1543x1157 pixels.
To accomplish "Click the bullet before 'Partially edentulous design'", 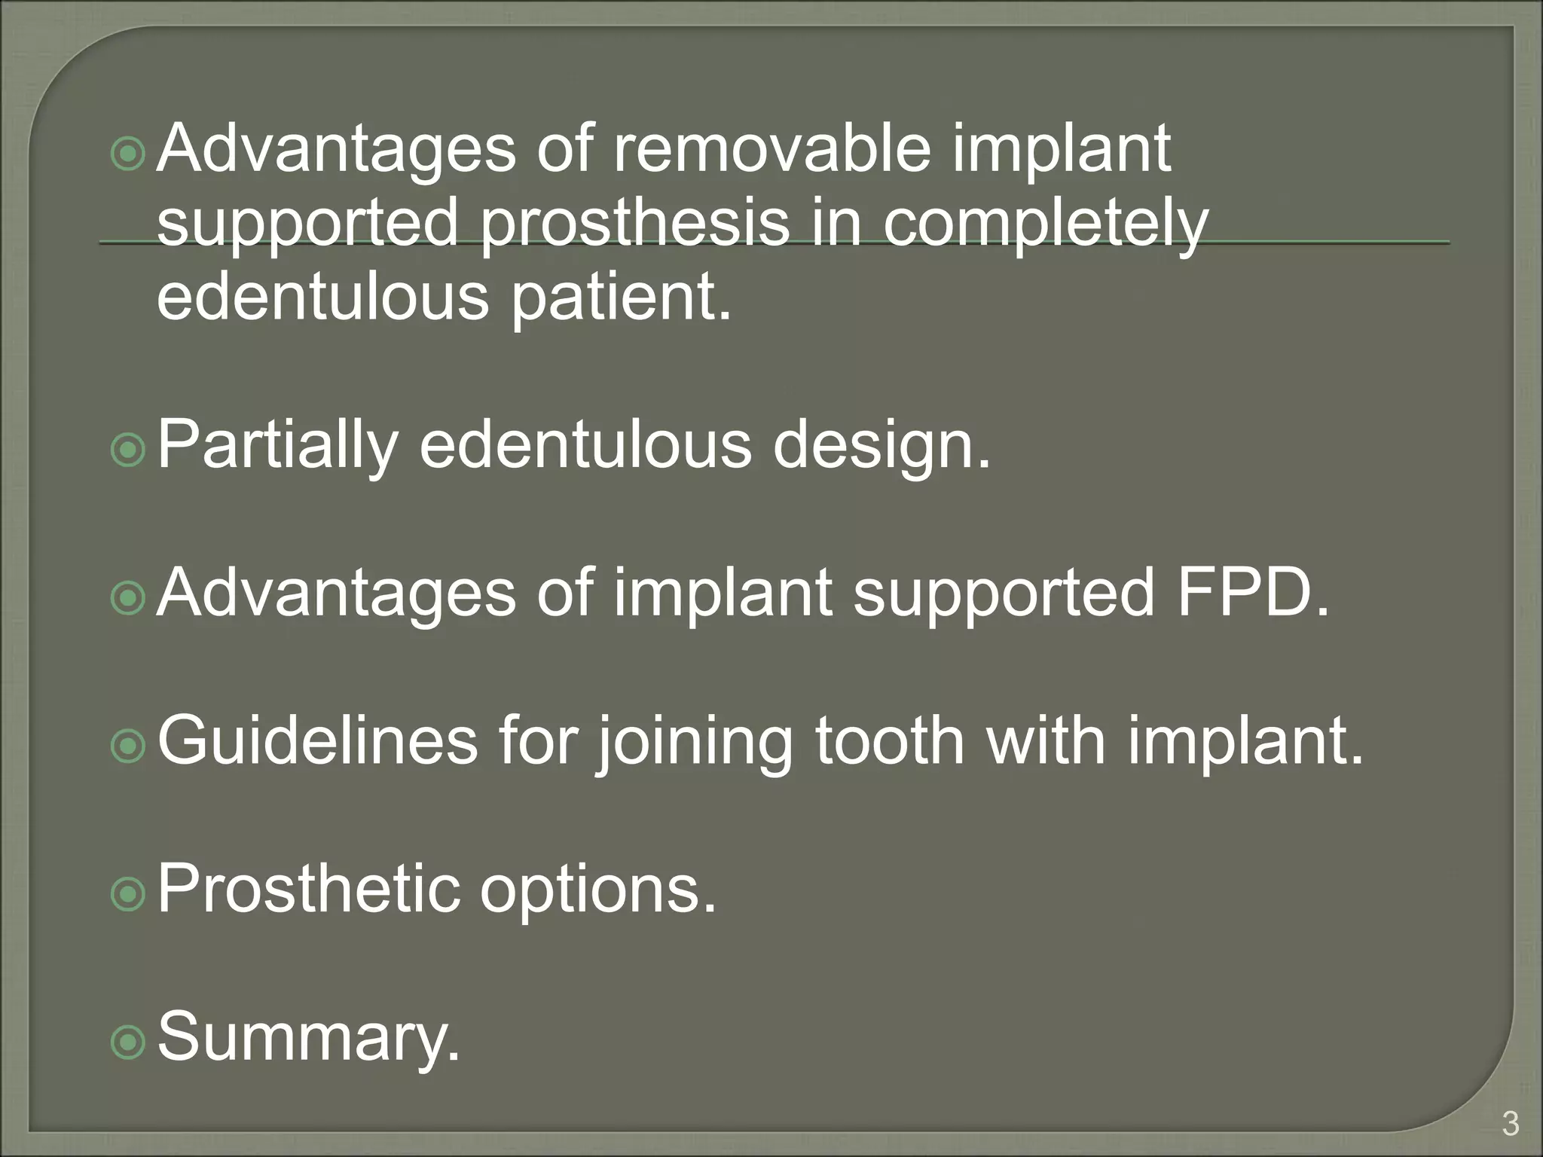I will coord(127,450).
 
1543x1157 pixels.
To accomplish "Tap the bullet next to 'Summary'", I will coord(127,1043).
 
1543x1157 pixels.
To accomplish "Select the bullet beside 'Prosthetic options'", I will coord(127,895).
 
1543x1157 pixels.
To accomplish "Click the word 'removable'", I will coord(771,148).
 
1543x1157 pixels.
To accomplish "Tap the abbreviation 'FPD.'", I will coord(1253,594).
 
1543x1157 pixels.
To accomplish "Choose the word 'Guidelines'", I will coord(317,742).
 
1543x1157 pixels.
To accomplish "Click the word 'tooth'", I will coord(890,742).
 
